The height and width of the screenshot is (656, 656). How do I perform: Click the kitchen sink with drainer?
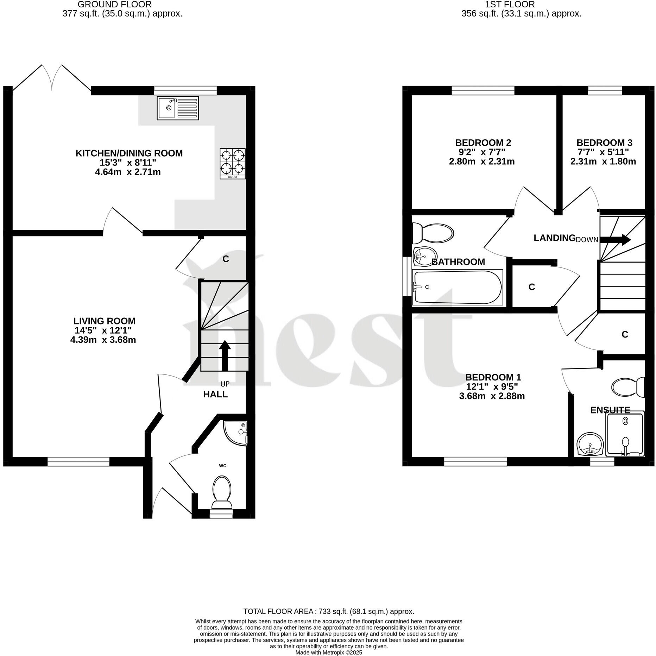[x=178, y=108]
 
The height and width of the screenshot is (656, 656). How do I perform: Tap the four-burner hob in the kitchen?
[x=233, y=164]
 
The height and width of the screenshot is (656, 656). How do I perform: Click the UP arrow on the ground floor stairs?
[x=225, y=355]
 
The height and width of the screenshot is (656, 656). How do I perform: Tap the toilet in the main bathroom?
[x=433, y=233]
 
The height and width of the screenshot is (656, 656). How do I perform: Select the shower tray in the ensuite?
[x=625, y=435]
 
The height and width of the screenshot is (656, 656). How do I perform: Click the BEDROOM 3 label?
[x=604, y=143]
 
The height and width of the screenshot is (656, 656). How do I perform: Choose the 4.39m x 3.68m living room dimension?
[x=103, y=340]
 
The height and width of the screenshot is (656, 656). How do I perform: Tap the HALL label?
[x=215, y=394]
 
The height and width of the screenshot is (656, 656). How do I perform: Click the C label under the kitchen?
[x=226, y=259]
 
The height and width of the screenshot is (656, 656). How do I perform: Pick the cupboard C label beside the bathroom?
[x=531, y=287]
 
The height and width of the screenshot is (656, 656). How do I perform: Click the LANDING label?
[x=554, y=238]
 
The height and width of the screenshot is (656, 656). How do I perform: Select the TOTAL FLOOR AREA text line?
[x=328, y=611]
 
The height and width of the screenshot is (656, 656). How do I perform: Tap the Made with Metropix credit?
[x=328, y=652]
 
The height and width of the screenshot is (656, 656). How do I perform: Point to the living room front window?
[x=78, y=461]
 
